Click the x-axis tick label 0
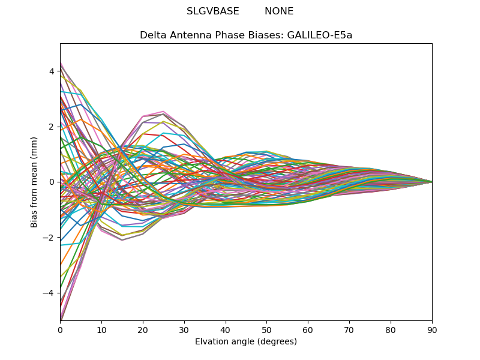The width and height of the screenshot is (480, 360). tap(60, 329)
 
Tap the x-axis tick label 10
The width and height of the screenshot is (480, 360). tap(101, 329)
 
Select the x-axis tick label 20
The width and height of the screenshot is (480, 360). tap(143, 329)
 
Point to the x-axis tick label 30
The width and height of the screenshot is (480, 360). tap(184, 329)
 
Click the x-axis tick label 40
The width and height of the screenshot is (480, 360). tap(226, 329)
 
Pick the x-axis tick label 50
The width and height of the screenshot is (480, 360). tap(266, 329)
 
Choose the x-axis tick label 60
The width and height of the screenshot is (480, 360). tap(308, 329)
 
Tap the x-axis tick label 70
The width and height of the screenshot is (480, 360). tap(349, 329)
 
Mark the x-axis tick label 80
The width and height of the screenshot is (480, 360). tap(391, 329)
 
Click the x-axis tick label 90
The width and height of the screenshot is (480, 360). tap(432, 329)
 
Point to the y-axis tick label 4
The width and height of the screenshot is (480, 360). tap(52, 71)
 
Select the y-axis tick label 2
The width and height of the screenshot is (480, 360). tap(52, 127)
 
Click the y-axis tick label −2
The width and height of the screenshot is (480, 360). tap(49, 238)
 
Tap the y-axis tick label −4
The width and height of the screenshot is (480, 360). tap(49, 293)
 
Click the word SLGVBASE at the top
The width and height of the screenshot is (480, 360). tap(213, 11)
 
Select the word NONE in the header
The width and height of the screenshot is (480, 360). tap(279, 11)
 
